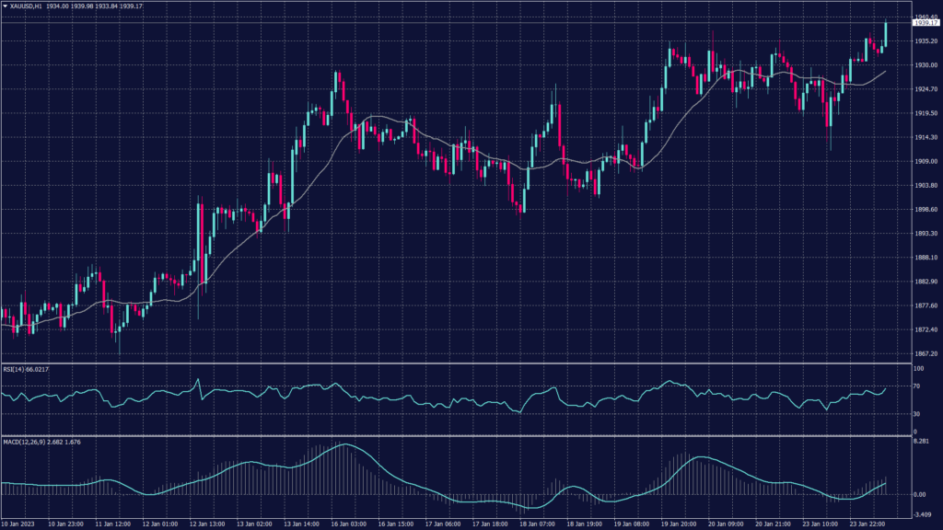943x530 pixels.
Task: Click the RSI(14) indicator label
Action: click(x=16, y=369)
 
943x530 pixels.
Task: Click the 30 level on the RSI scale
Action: click(x=917, y=413)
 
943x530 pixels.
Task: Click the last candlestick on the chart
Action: click(x=886, y=34)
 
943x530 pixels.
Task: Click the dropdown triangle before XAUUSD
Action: click(x=5, y=6)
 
